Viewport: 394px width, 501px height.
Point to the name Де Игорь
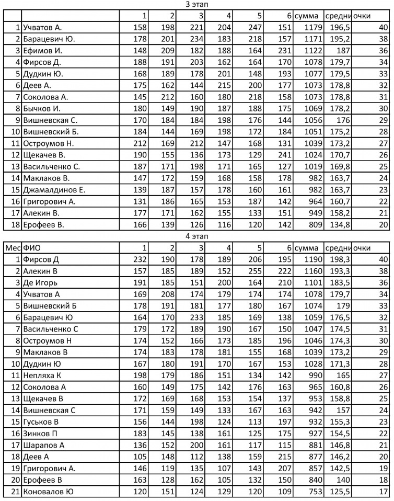[40, 282]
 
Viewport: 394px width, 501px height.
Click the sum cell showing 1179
[309, 28]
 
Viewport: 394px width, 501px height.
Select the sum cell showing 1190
[309, 259]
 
